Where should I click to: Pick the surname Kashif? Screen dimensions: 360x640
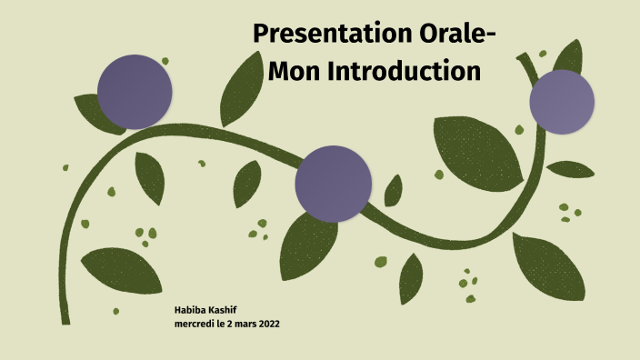[230, 311]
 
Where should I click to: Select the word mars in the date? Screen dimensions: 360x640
[250, 325]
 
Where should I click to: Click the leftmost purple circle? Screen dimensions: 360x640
[135, 91]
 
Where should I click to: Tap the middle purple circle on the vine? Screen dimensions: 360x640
[334, 183]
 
